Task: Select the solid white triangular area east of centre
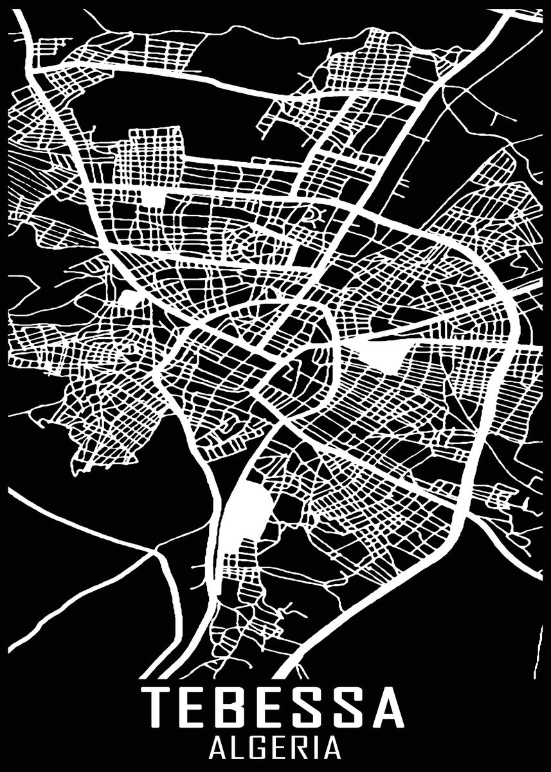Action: (386, 354)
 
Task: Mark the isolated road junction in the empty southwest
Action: (154, 551)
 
